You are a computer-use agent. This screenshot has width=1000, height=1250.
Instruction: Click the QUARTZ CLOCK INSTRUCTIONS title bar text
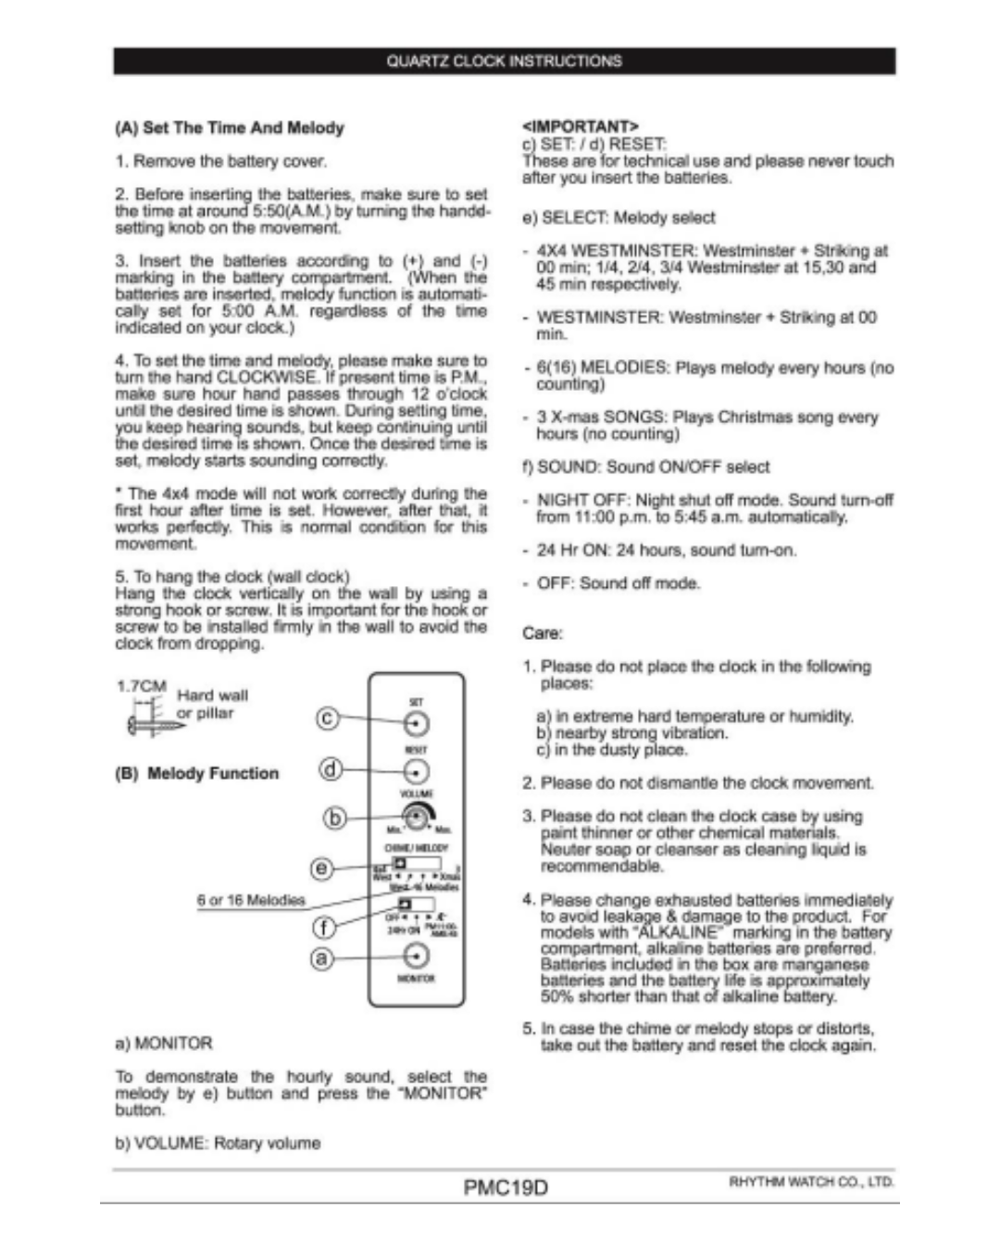point(504,61)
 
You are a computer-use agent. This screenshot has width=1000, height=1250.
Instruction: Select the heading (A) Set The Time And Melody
point(230,128)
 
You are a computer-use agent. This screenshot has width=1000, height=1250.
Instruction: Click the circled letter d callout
point(331,769)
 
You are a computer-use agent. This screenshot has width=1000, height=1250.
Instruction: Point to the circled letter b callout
point(334,818)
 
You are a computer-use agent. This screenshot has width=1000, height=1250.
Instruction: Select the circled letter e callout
point(321,868)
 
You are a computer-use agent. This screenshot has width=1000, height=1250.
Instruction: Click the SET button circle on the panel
point(417,723)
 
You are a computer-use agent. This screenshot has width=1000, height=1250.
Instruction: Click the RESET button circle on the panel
point(417,770)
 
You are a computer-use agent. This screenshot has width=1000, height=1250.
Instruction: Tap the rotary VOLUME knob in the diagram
point(418,818)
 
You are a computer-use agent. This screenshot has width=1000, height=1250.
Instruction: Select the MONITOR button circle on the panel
point(417,956)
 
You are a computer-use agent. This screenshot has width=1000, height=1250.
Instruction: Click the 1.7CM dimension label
point(141,686)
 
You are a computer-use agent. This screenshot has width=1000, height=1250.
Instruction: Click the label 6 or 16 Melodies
point(250,900)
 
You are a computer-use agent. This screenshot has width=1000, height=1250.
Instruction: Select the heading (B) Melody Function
point(196,773)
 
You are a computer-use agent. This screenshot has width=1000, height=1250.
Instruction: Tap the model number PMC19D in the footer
point(506,1187)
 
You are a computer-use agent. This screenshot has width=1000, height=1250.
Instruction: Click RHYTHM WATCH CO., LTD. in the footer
point(811,1181)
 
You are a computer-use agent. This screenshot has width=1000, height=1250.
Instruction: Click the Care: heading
point(543,633)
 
